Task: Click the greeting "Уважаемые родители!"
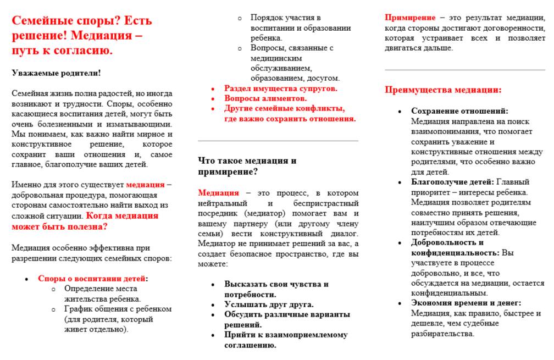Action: (56, 73)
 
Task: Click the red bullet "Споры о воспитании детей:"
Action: (93, 279)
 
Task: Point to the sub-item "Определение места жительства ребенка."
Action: (102, 294)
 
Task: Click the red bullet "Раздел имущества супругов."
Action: (280, 88)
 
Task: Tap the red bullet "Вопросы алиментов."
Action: (265, 98)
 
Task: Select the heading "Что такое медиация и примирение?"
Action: (247, 166)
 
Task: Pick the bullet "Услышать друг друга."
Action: (269, 304)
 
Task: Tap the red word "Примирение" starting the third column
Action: (410, 18)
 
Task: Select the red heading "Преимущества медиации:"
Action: (443, 90)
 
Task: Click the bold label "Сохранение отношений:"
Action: (459, 111)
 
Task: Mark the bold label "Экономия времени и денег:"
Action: (466, 303)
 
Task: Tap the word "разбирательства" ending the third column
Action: (442, 334)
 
